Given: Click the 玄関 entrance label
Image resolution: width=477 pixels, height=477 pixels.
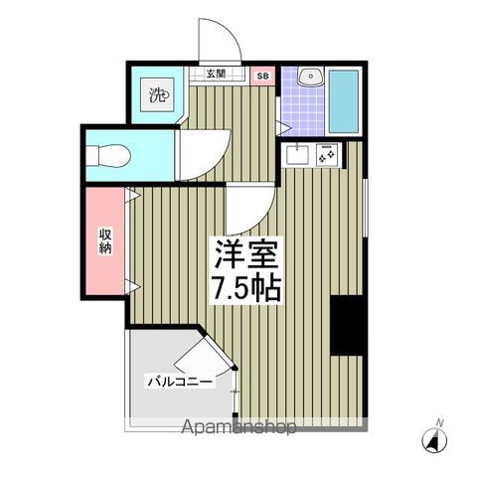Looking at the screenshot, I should tap(216, 74).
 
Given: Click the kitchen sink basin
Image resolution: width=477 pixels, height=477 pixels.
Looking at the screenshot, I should tap(297, 156).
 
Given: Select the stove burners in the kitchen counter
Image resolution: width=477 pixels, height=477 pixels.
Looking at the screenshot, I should tap(327, 155).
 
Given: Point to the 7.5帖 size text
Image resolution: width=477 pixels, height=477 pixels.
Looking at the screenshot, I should tap(247, 288).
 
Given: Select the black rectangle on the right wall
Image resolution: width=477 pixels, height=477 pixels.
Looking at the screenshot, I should tap(348, 325).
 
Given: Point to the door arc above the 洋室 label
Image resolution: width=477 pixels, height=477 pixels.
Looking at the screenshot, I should tap(246, 206).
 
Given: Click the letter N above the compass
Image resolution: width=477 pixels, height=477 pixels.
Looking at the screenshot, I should tap(439, 423).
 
